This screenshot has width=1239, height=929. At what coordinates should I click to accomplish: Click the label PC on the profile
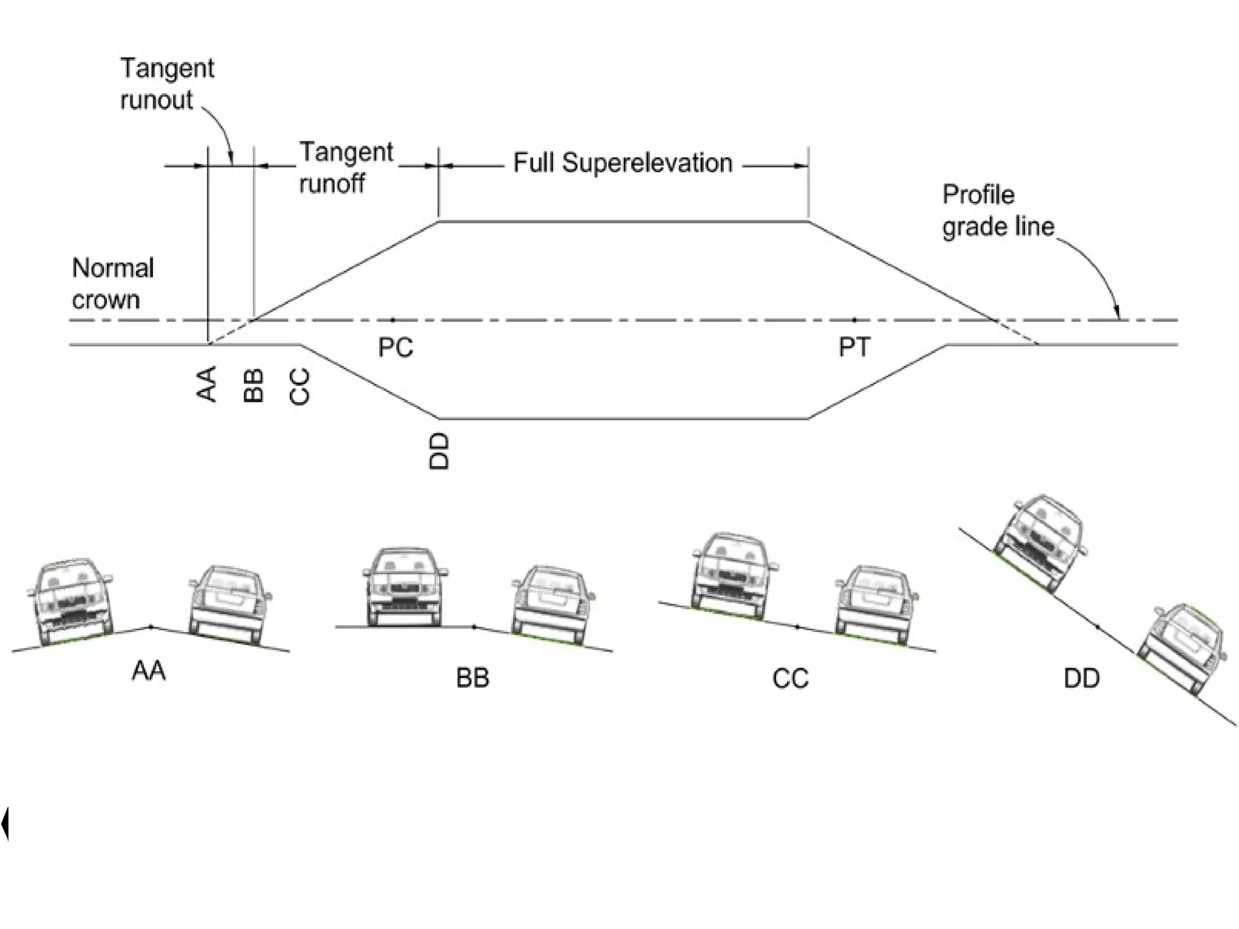[x=396, y=348]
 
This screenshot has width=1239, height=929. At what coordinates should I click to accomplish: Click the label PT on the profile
[x=854, y=348]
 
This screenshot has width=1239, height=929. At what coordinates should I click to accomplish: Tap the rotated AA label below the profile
[x=208, y=384]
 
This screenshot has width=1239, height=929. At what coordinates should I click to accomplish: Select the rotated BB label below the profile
[x=254, y=385]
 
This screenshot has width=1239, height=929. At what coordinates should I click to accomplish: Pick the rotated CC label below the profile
[x=300, y=386]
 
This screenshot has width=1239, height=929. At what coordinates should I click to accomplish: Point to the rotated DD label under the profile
[x=439, y=451]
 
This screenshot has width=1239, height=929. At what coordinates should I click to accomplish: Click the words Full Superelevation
[x=623, y=163]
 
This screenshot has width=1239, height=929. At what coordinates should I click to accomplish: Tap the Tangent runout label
[x=166, y=83]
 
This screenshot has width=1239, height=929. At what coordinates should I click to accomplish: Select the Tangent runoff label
[x=345, y=168]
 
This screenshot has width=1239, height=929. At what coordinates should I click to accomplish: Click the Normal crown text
[x=113, y=284]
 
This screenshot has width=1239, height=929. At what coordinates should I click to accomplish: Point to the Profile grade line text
[x=998, y=211]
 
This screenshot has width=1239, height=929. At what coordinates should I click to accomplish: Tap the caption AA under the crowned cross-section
[x=149, y=671]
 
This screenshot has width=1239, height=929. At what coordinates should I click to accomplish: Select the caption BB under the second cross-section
[x=472, y=678]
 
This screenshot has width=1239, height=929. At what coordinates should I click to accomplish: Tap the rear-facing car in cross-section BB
[x=552, y=604]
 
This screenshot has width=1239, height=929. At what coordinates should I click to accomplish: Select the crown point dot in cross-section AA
[x=151, y=627]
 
